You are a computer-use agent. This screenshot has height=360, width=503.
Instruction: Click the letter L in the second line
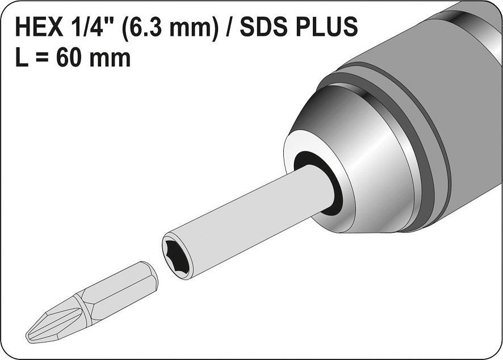point(22,58)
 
